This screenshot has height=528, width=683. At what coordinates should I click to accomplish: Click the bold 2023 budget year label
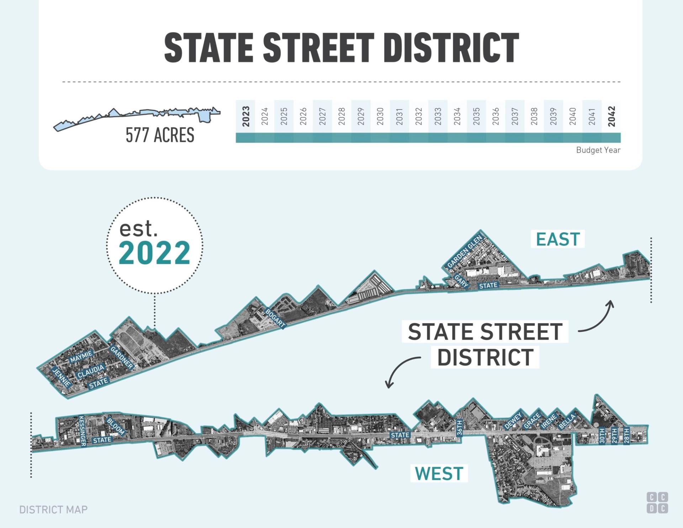coord(246,116)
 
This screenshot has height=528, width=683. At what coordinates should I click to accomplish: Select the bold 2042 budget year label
coord(611,116)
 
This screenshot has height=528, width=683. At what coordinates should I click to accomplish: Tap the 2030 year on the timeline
coord(380,116)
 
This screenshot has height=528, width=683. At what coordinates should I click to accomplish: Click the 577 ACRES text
coord(160,135)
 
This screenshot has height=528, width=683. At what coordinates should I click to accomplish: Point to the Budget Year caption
coord(598,150)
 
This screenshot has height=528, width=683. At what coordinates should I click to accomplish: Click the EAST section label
coord(558,239)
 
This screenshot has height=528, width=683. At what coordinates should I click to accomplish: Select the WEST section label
coord(439,473)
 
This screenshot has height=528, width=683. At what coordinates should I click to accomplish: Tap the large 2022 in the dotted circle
coord(154,252)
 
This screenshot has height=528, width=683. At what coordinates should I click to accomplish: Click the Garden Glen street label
coord(465,251)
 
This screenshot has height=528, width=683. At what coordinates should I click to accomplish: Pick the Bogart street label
coord(275,318)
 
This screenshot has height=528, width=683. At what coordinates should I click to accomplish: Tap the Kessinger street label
coord(82,431)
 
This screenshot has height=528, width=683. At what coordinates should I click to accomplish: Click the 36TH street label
coord(459,428)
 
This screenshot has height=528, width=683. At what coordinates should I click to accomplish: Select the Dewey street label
coord(513,420)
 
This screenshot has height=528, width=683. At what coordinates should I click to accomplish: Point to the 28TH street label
coord(626,435)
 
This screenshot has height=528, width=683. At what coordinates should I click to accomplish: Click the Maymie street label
coord(81,356)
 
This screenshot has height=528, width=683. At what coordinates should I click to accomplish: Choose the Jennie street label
coord(62,377)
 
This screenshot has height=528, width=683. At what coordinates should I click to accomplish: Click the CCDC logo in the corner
coord(657,502)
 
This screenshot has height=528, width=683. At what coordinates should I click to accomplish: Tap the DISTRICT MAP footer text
coord(53,509)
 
